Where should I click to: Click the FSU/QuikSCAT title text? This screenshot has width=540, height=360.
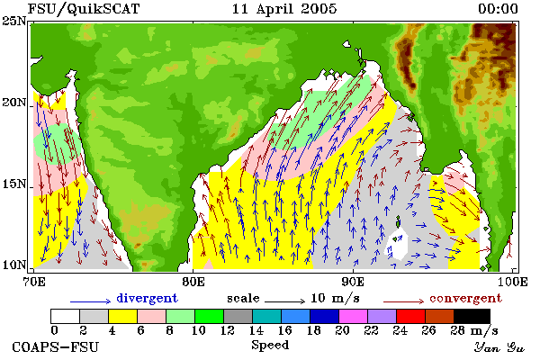click(x=84, y=9)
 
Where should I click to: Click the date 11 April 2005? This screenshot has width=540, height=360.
click(x=284, y=9)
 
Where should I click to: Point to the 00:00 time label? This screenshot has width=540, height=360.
click(x=498, y=9)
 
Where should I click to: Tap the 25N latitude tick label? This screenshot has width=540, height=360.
click(x=13, y=21)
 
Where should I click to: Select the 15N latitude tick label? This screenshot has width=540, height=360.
click(x=13, y=184)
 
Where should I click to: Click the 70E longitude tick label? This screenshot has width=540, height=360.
click(x=34, y=282)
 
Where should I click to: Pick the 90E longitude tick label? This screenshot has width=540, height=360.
click(x=353, y=282)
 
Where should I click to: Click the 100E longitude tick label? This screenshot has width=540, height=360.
click(x=512, y=282)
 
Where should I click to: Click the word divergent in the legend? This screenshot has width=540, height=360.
click(x=147, y=298)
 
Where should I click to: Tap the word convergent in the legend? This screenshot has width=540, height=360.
click(x=465, y=298)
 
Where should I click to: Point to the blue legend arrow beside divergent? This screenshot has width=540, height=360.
click(x=91, y=301)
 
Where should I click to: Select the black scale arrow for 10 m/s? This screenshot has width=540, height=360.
click(x=284, y=301)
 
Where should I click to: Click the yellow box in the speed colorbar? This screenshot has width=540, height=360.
click(x=123, y=316)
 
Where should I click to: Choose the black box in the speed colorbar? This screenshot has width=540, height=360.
click(x=472, y=316)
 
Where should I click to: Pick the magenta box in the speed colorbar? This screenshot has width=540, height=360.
click(x=354, y=316)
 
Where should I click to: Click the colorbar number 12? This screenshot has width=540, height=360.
click(x=228, y=330)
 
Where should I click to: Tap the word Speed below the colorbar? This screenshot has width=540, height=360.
click(x=270, y=346)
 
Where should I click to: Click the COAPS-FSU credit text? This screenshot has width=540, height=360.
click(x=56, y=346)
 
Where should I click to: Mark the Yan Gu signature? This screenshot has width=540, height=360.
click(x=499, y=347)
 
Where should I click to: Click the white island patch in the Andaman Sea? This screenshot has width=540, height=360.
click(x=397, y=246)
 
